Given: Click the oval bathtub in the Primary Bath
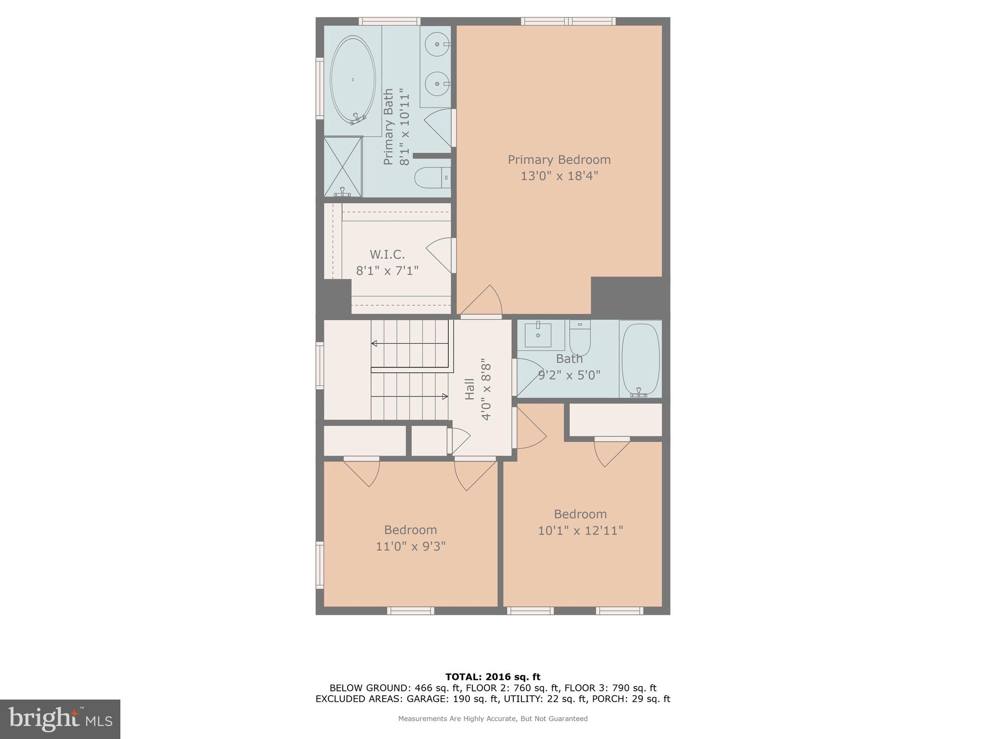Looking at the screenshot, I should tap(353, 80).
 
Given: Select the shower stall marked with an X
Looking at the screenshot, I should tap(343, 166).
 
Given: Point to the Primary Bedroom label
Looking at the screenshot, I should tap(559, 160).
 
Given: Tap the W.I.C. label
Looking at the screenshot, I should tap(387, 255).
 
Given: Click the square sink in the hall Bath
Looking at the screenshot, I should tap(538, 335).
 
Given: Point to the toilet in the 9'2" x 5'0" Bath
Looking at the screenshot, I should tap(580, 338).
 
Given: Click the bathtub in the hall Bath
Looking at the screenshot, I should tap(640, 359).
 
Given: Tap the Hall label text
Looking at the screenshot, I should tap(470, 389).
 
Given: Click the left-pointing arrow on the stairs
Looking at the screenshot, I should tap(375, 344).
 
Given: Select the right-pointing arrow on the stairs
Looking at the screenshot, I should tap(444, 396).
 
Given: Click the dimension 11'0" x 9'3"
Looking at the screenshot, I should tap(411, 547).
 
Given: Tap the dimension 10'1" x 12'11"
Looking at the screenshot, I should tap(580, 531).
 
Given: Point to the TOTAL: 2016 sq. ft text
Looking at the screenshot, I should tap(493, 677).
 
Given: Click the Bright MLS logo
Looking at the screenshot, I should tap(60, 719).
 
